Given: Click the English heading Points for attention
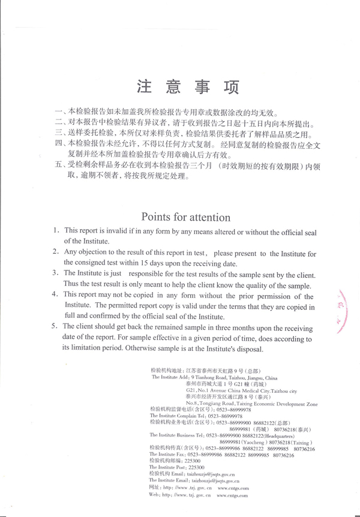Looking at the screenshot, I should [x=185, y=216].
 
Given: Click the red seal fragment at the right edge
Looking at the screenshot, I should [x=344, y=306].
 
